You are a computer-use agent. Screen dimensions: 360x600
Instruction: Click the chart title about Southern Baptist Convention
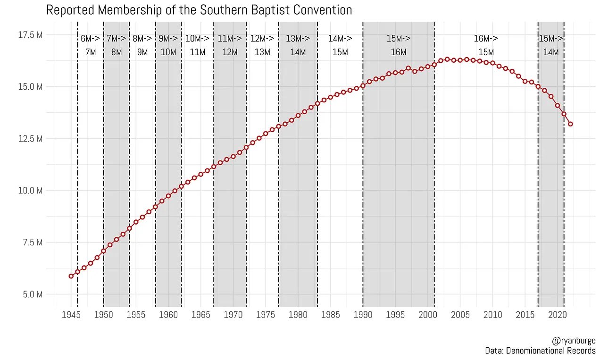click(199, 10)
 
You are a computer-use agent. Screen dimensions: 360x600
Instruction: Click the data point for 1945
click(71, 276)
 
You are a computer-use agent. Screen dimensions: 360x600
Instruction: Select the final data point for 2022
click(570, 124)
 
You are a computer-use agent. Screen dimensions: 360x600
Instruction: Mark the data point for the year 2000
click(428, 66)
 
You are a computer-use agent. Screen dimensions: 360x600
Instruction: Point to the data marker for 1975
click(266, 134)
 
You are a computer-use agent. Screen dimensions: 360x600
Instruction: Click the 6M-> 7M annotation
click(91, 45)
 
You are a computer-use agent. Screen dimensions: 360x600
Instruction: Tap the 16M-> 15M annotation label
click(486, 45)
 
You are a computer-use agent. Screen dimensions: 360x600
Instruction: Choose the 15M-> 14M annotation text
click(551, 45)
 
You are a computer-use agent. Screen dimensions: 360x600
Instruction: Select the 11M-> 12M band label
click(230, 45)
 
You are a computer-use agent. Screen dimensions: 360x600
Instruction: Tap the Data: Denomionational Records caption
click(540, 351)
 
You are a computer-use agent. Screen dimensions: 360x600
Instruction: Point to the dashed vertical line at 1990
click(363, 189)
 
